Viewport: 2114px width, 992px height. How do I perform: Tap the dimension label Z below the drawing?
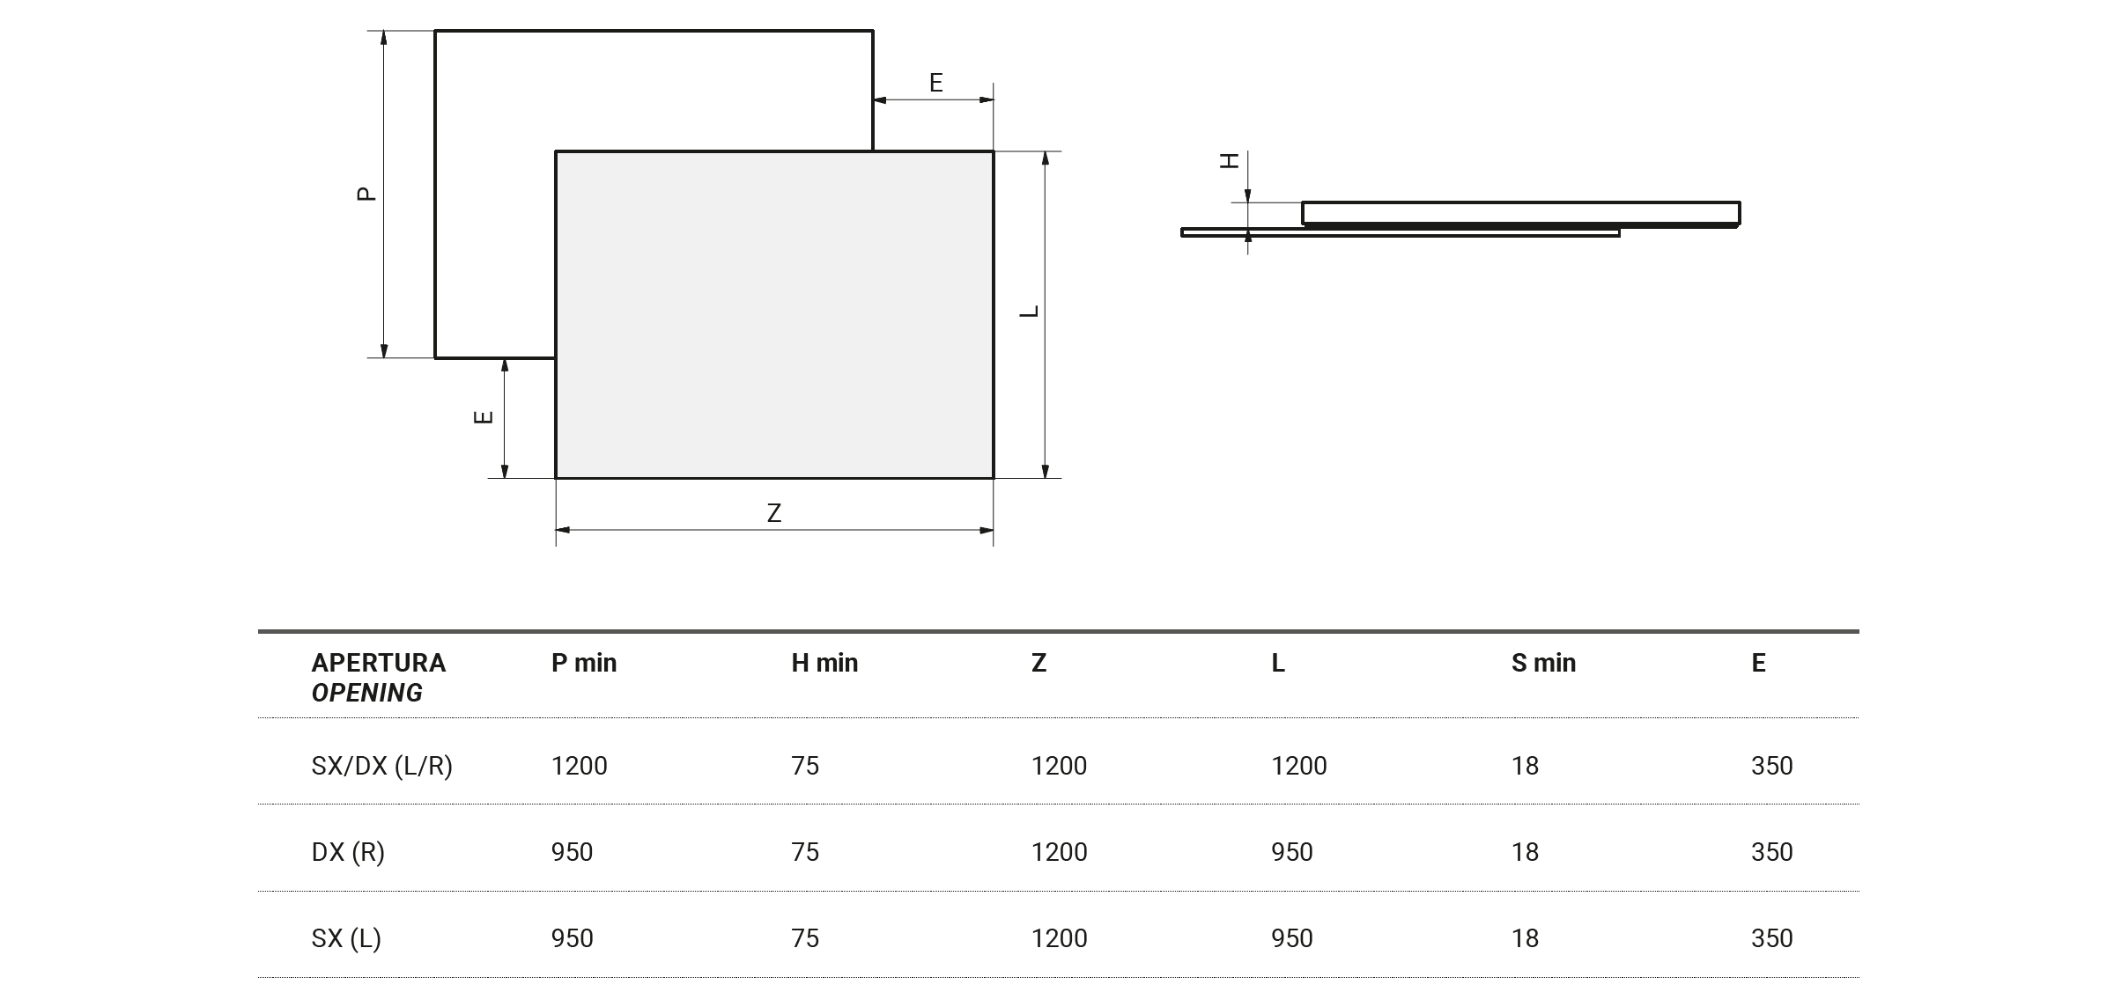coord(774,513)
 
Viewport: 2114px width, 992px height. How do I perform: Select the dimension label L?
coord(1029,312)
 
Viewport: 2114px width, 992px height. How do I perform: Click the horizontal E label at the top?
coord(936,83)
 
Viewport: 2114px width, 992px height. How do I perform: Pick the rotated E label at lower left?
coord(483,417)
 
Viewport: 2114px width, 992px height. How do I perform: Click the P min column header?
coord(584,663)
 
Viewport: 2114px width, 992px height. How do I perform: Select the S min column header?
coord(1543,663)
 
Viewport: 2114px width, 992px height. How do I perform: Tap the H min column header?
coord(824,663)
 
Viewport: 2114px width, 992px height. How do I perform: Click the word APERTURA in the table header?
coord(379,663)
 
